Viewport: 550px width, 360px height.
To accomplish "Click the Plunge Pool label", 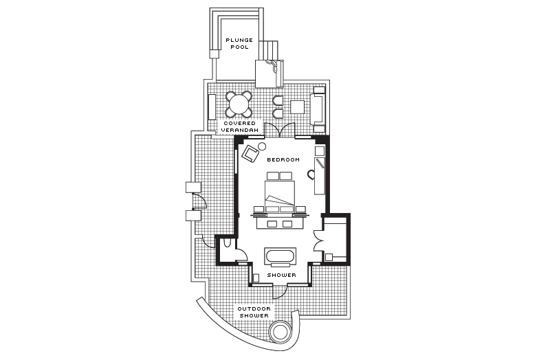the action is tap(239, 43).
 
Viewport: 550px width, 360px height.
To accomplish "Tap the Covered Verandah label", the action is tap(239, 126).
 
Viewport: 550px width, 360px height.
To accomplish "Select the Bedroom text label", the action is tap(283, 159).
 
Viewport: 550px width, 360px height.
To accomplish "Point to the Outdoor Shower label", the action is tap(254, 312).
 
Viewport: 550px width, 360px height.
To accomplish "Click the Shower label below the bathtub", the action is tap(282, 275).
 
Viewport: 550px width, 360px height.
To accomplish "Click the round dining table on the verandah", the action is tap(239, 104).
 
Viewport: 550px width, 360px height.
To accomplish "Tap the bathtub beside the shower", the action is tap(280, 255).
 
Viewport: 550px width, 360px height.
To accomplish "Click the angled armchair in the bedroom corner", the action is tap(250, 153).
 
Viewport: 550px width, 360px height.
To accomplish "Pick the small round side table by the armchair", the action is tap(262, 146).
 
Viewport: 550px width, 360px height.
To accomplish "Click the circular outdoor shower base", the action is tap(280, 331).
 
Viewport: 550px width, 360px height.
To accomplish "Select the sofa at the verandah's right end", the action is tap(319, 109).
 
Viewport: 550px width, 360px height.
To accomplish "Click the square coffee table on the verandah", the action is tap(297, 107).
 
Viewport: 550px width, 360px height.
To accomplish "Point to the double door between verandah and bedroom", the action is tap(280, 130).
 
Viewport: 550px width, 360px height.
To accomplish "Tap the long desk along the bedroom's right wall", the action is tap(320, 176).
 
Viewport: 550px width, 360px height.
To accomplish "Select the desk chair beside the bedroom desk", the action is tap(311, 175).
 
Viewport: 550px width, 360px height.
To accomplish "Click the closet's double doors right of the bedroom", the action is tap(318, 240).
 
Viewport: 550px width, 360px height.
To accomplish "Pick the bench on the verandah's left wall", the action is tap(212, 107).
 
